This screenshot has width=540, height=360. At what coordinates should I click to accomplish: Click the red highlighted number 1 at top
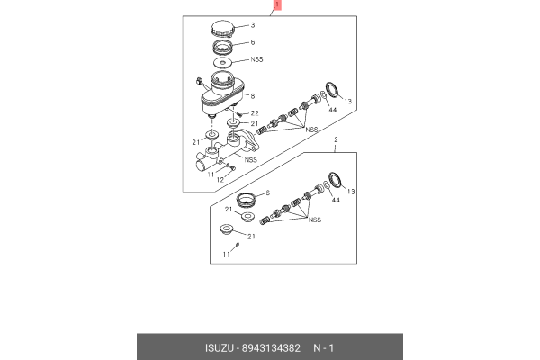[x=277, y=5]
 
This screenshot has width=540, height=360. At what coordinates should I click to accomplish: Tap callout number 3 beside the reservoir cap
[x=253, y=26]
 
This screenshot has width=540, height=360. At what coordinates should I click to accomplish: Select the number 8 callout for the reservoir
[x=253, y=96]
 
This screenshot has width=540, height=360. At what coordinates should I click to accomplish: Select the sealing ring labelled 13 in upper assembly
[x=331, y=89]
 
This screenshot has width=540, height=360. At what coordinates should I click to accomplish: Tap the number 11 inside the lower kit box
[x=227, y=255]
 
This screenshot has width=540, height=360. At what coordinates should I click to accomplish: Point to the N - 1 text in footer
[x=325, y=346]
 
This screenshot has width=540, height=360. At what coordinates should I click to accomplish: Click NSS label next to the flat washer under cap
[x=256, y=61]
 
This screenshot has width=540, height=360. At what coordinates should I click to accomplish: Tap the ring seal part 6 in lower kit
[x=246, y=198]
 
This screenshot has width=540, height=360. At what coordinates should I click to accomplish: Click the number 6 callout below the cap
[x=253, y=42]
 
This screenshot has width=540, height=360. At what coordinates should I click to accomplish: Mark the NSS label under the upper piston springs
[x=312, y=130]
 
